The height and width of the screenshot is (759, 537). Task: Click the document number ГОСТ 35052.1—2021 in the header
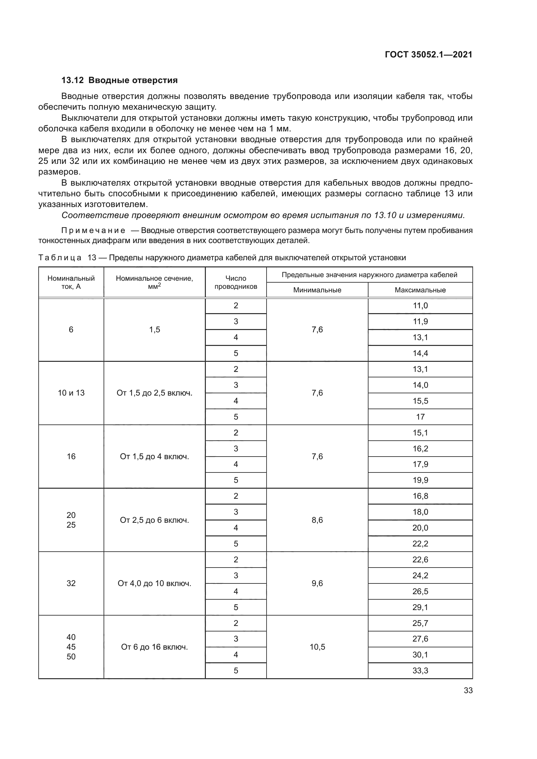[x=429, y=55]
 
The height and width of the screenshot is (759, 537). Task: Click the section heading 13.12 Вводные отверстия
[x=119, y=80]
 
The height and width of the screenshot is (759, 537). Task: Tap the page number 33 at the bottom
[x=468, y=690]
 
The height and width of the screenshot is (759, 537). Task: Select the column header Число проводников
[x=235, y=282]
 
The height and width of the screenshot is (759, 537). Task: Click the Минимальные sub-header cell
[x=317, y=290]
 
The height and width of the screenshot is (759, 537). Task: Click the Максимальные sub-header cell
[x=420, y=290]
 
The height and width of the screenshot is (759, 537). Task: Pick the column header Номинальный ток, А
[x=71, y=282]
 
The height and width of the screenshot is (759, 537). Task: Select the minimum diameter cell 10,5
[x=317, y=647]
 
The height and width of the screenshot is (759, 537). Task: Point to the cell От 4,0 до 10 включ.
[x=155, y=583]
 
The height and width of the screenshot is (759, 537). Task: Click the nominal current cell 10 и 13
[x=71, y=393]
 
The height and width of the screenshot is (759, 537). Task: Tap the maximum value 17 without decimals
[x=420, y=417]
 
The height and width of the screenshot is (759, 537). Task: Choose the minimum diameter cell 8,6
[x=317, y=520]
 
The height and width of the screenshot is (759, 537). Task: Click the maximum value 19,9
[x=420, y=480]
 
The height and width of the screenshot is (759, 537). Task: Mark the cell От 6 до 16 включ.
[x=155, y=647]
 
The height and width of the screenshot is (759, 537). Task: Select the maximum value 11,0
[x=420, y=305]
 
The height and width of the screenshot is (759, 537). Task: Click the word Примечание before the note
[x=93, y=230]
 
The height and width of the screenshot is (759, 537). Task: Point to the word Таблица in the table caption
[x=60, y=258]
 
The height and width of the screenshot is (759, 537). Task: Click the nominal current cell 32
[x=71, y=583]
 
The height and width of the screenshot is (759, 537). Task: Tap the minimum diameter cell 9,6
[x=317, y=583]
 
